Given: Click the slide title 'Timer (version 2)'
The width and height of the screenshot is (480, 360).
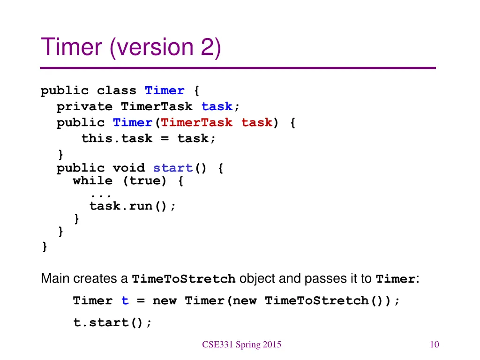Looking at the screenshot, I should [131, 48].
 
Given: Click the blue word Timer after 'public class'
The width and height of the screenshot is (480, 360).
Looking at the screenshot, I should [165, 90].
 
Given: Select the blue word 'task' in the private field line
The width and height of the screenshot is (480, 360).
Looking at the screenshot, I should [217, 106].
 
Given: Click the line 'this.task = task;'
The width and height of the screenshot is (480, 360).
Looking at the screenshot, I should [149, 138].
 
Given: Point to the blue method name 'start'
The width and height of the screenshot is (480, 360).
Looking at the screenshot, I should [173, 168].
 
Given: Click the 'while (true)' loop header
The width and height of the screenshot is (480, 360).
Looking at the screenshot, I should [127, 181].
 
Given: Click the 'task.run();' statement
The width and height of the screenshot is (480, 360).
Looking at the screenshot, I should [133, 206].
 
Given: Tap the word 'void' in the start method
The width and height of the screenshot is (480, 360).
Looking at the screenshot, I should [128, 168].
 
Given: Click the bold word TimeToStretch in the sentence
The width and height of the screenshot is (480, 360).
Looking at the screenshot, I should [184, 279].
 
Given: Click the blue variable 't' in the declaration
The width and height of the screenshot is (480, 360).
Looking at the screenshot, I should [125, 301].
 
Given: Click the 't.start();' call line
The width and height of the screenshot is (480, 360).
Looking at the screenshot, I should [112, 322].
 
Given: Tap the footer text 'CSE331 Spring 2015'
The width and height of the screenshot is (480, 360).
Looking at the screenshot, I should [242, 345].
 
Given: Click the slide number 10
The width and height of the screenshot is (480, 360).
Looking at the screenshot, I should [434, 345].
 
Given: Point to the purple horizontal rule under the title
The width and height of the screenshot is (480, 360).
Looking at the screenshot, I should [238, 68].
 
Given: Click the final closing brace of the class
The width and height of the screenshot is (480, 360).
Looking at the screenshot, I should [45, 247].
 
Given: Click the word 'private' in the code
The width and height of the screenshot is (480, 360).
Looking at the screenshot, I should [84, 106].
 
